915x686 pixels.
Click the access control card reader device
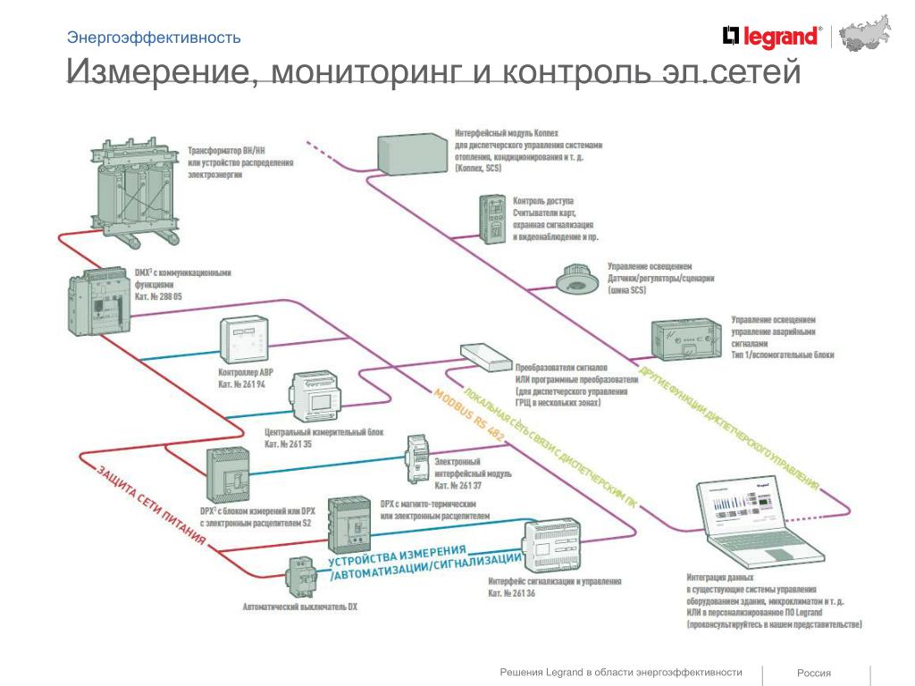pyautogui.click(x=492, y=219)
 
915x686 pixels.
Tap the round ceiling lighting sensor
pyautogui.click(x=575, y=279)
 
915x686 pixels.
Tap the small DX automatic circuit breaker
pyautogui.click(x=300, y=579)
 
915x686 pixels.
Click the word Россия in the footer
pyautogui.click(x=814, y=673)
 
